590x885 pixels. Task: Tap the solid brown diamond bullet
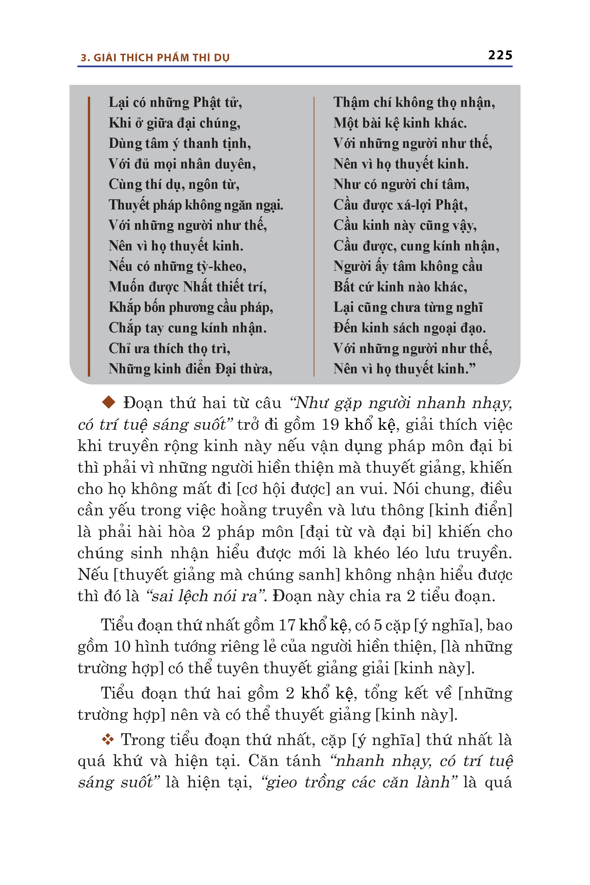[109, 402]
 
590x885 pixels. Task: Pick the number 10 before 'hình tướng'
[122, 646]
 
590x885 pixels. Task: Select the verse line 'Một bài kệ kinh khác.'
[400, 123]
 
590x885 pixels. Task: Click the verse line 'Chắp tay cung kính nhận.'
[187, 328]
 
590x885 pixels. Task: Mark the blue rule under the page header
[295, 67]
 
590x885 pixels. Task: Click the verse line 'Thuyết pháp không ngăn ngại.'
[196, 205]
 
